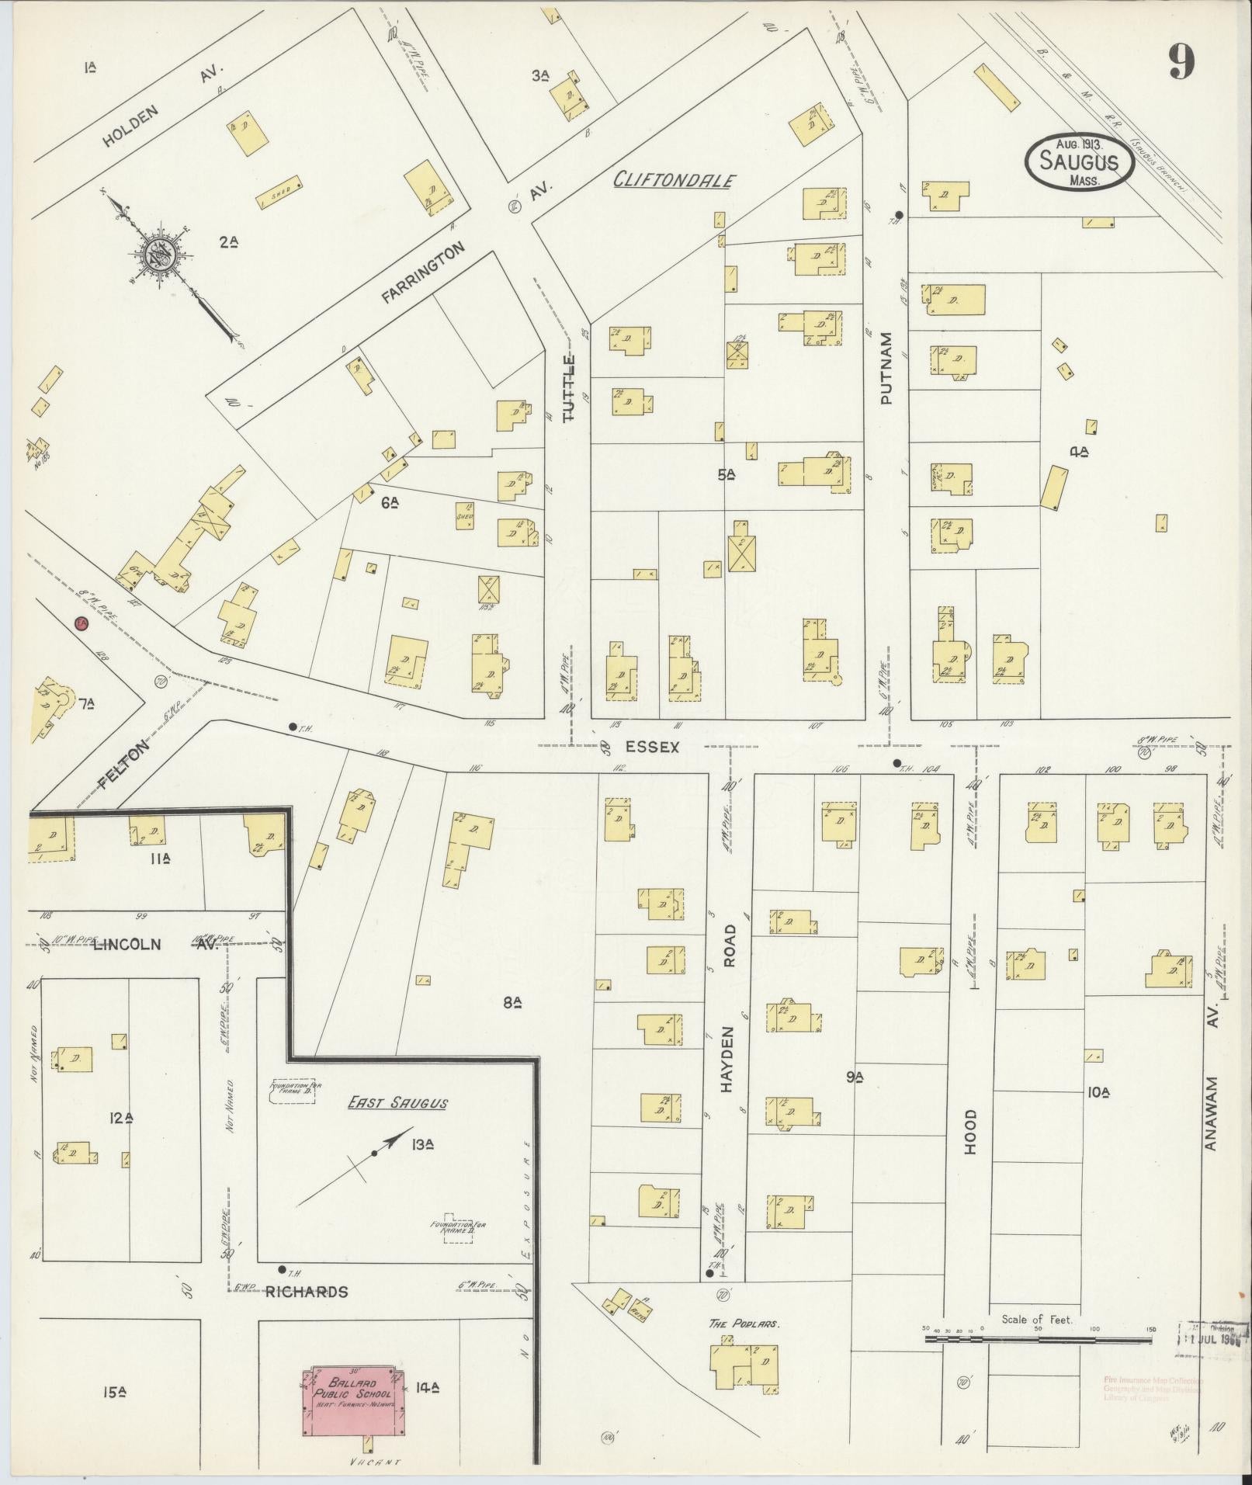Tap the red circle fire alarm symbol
tap(81, 623)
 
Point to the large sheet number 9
tap(1181, 61)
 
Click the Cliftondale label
tap(673, 180)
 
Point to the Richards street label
tap(306, 1292)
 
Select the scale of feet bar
tap(1037, 1329)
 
